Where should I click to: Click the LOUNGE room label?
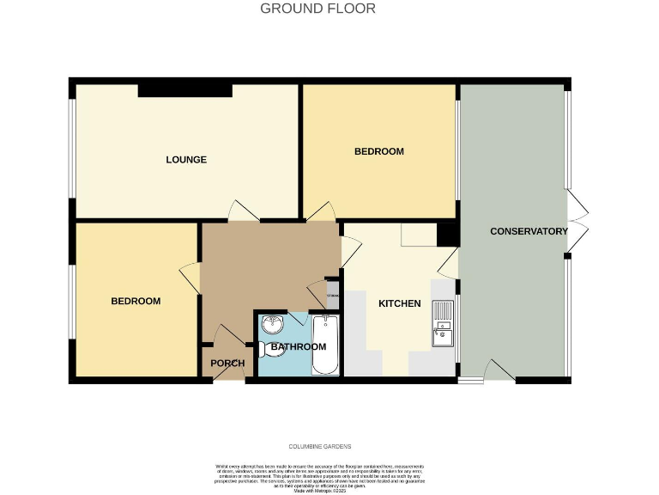pos(186,160)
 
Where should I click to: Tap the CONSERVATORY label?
pos(529,231)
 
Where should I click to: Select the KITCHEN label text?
pos(400,303)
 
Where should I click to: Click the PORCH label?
pos(227,364)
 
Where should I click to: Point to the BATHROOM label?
pos(299,346)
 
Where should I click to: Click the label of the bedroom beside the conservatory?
pos(379,151)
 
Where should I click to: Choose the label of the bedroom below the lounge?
pos(136,301)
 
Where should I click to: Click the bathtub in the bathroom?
pos(325,345)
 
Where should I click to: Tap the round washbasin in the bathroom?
pos(274,326)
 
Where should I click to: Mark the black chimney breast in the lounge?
pos(185,89)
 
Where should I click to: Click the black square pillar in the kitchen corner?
pos(446,235)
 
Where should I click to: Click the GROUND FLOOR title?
pos(317,9)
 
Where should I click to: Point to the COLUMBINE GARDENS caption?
pos(319,447)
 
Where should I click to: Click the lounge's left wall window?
pos(73,152)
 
